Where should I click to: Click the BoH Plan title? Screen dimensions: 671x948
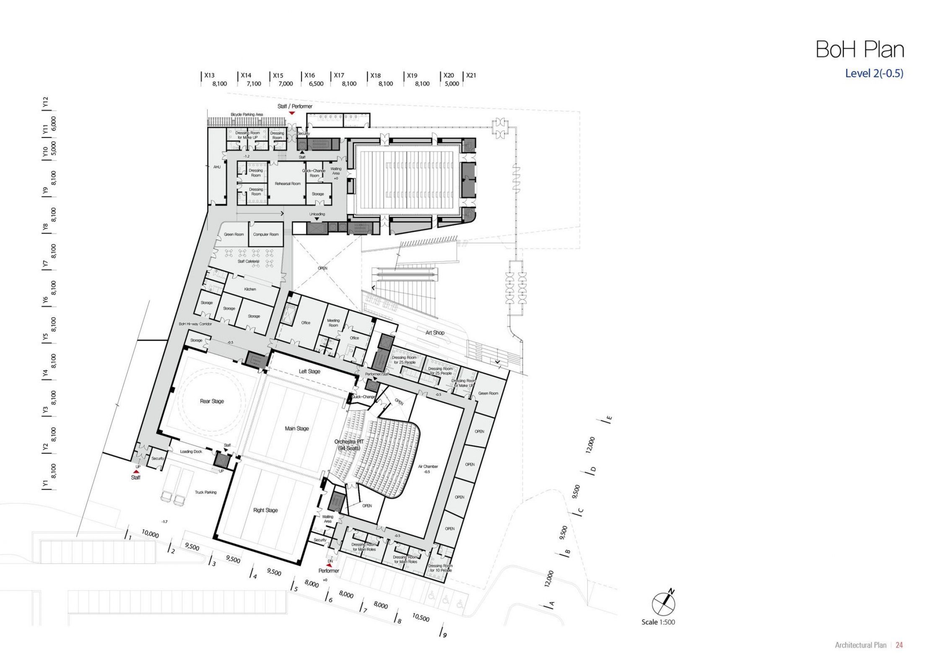click(860, 50)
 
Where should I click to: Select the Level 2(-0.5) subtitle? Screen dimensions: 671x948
click(874, 73)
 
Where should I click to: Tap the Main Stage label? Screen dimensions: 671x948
click(296, 429)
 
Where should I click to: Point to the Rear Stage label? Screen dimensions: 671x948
click(212, 401)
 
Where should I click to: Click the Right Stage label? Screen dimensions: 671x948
click(265, 510)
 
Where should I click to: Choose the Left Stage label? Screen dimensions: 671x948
click(309, 372)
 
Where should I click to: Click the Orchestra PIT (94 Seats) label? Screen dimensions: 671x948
click(349, 445)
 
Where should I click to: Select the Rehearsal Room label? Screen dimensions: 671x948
click(288, 184)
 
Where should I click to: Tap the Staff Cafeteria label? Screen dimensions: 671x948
click(249, 261)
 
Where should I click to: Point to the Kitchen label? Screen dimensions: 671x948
click(250, 289)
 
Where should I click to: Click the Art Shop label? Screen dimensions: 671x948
click(435, 333)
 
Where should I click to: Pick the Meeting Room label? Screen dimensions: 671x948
click(333, 322)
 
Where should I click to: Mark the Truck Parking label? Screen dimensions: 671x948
click(205, 492)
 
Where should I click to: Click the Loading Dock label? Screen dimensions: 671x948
click(191, 452)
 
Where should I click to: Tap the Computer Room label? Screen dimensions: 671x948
click(266, 234)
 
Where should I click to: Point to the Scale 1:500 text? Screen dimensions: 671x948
click(658, 622)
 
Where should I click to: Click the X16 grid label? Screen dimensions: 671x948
click(309, 75)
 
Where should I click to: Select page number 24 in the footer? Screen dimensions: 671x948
click(899, 645)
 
